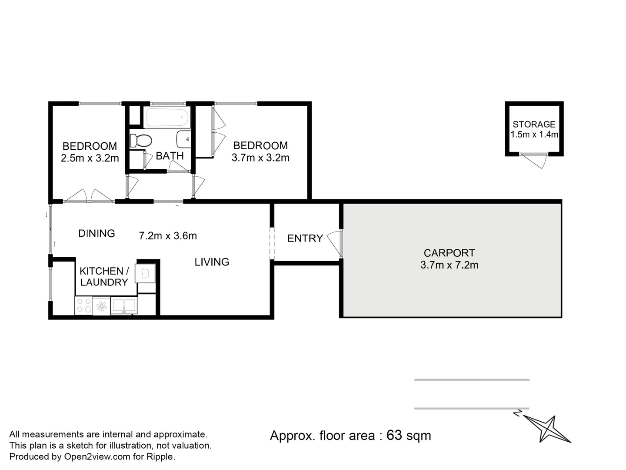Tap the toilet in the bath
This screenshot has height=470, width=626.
140,141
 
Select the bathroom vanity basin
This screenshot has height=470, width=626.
184,139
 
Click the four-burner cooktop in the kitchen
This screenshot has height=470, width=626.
83,305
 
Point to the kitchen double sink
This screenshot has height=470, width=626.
124,305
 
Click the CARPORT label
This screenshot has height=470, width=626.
449,253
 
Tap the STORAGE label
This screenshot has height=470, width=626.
534,124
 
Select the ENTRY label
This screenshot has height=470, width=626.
305,238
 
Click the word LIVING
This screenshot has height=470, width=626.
212,262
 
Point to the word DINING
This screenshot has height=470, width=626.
97,233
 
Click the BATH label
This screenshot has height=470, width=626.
170,156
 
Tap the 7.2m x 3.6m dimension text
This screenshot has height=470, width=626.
168,236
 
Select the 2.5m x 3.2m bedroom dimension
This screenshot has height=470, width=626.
90,158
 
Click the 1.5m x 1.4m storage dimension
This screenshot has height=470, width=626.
534,134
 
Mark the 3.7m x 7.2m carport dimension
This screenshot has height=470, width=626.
449,265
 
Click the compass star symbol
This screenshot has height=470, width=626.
547,429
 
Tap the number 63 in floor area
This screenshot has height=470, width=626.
394,436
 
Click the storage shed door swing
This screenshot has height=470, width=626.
533,161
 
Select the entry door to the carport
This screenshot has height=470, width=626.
335,244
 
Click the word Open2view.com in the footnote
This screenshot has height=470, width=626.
97,457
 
